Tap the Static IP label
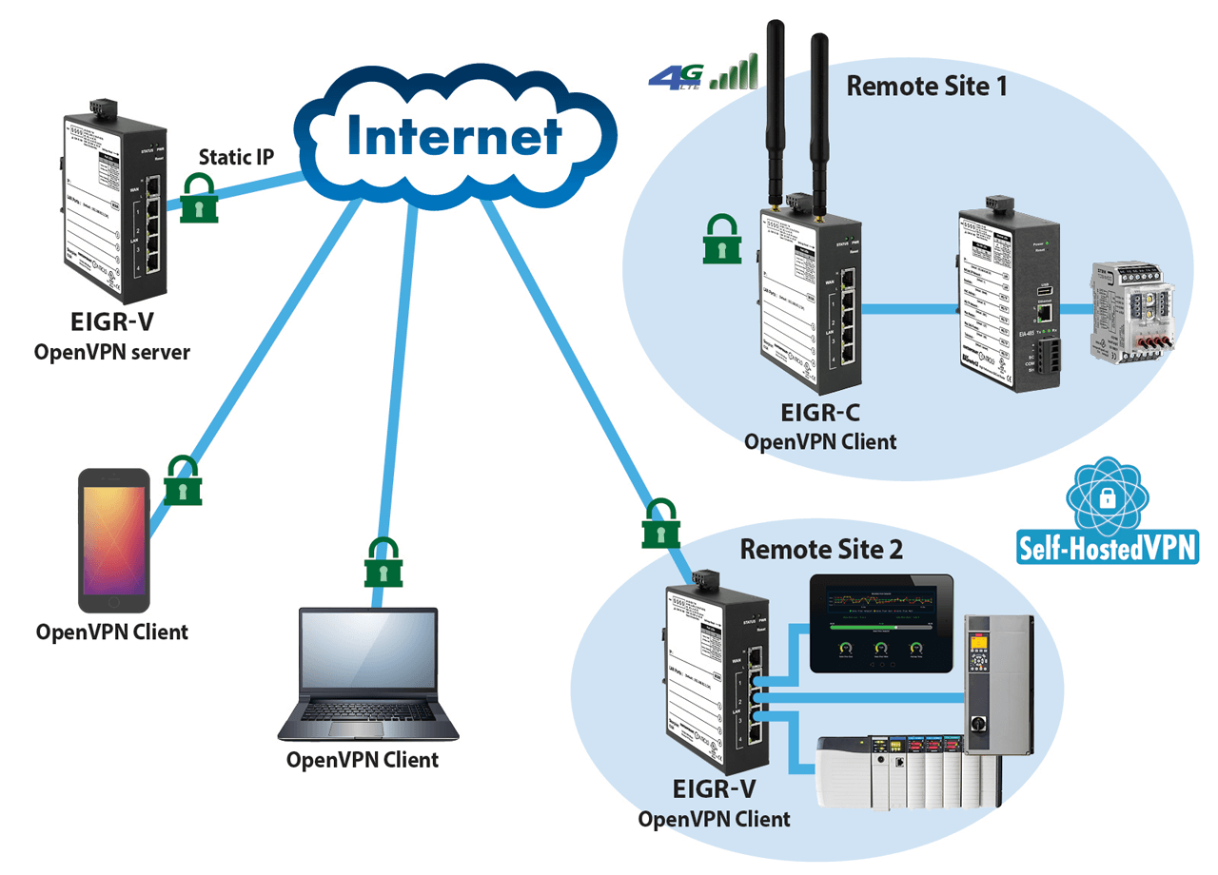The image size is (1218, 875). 237,157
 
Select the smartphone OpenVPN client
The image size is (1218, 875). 114,540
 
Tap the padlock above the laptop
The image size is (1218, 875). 383,562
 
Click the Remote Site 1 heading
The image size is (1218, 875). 926,87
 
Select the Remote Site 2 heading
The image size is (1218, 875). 821,549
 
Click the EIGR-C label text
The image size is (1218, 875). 820,417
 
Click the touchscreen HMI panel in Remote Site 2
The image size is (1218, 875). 881,623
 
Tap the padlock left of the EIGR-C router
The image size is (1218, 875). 722,239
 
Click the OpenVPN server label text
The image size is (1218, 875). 112,352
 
